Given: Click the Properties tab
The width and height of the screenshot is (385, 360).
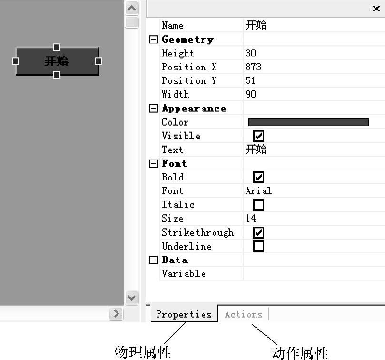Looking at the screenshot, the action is point(184,314).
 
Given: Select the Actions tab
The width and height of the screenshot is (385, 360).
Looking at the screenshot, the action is point(243,314).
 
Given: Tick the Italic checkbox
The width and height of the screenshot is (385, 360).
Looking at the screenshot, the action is point(258,205).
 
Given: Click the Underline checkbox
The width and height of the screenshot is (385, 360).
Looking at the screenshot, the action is point(258,246).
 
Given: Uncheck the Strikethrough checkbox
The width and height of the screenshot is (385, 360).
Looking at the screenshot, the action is point(258,232).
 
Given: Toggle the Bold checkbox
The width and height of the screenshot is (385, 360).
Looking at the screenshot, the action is point(258,178).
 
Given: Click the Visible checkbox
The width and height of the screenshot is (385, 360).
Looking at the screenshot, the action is point(258,136).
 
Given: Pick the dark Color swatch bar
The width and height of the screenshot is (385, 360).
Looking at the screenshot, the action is point(308,122).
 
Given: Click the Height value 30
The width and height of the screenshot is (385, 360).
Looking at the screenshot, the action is point(250,53).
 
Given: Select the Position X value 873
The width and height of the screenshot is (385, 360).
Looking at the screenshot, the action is point(253,67).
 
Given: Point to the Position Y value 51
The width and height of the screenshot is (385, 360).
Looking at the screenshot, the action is point(250,81).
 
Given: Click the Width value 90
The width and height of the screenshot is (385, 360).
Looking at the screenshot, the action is point(250,95).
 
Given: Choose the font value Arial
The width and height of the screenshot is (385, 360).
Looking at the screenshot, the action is point(258,191).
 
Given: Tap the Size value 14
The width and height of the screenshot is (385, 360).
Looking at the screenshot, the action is point(250,219).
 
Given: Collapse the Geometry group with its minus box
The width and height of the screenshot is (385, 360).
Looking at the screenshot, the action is point(153,40).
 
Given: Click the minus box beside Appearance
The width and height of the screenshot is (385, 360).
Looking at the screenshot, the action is point(153,109).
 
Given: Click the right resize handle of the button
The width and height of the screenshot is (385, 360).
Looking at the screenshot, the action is point(98,61).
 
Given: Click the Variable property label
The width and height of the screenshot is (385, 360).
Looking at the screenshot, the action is point(184,274).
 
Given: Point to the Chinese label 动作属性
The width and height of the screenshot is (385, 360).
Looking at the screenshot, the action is point(300,353).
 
